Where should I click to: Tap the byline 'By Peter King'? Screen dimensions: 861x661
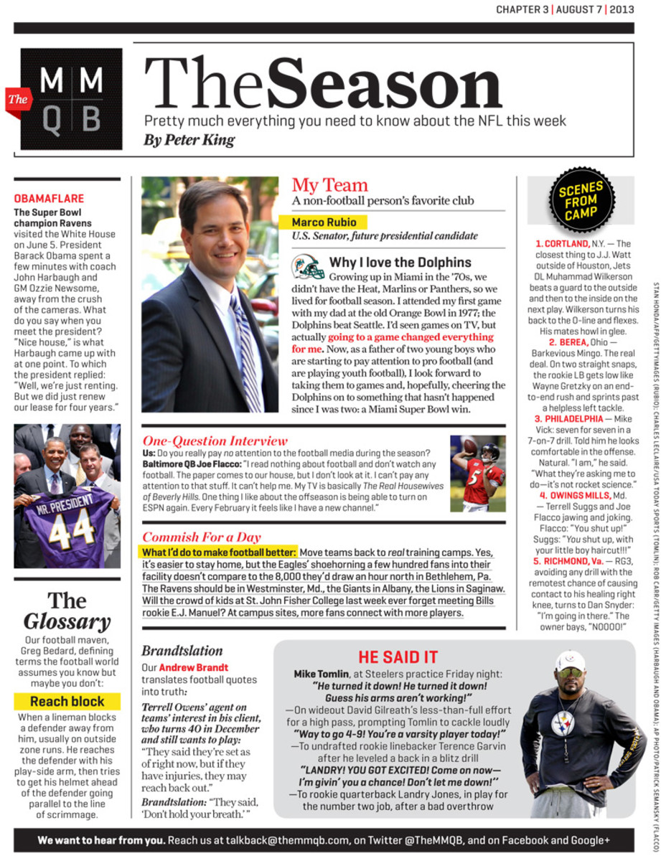coord(189,140)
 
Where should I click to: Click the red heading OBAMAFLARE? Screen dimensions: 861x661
coord(49,199)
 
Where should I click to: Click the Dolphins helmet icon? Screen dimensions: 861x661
coord(307,266)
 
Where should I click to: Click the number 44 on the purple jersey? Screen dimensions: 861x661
coord(72,527)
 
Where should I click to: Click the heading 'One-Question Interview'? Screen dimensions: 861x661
coord(215,441)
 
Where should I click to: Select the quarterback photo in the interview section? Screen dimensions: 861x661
coord(477,473)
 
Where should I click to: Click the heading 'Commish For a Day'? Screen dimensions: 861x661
coord(201,537)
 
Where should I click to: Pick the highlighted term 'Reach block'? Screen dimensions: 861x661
coord(67,701)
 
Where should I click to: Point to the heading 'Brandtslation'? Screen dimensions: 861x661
coord(182,651)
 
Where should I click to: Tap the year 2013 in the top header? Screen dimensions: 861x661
coord(622,9)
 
